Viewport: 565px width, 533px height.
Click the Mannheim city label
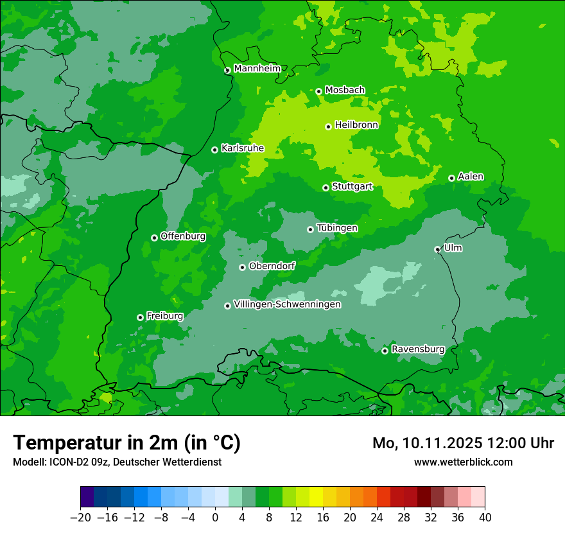pyautogui.click(x=257, y=68)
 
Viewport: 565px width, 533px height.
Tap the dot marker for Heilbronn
pyautogui.click(x=328, y=127)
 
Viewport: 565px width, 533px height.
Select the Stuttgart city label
pyautogui.click(x=352, y=187)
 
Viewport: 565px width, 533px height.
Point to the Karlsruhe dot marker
pyautogui.click(x=214, y=150)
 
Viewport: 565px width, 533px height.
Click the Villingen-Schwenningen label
pyautogui.click(x=287, y=304)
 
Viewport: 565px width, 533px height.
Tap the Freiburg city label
pyautogui.click(x=164, y=316)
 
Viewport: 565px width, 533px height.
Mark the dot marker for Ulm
pyautogui.click(x=437, y=249)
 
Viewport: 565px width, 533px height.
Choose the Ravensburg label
pyautogui.click(x=417, y=349)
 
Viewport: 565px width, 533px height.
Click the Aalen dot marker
pyautogui.click(x=451, y=178)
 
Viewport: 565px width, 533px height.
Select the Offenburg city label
pyautogui.click(x=183, y=236)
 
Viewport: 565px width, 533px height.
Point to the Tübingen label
pyautogui.click(x=337, y=228)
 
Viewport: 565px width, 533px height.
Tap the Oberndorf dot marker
pyautogui.click(x=242, y=267)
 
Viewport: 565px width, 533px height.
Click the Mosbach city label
pyautogui.click(x=345, y=90)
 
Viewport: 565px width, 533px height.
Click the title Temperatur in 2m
pyautogui.click(x=126, y=443)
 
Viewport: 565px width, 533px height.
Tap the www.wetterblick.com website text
pyautogui.click(x=463, y=462)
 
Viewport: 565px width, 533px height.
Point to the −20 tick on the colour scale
pyautogui.click(x=81, y=518)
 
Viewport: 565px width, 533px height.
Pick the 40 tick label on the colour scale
pyautogui.click(x=485, y=518)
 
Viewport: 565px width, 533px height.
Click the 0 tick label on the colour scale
pyautogui.click(x=215, y=518)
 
